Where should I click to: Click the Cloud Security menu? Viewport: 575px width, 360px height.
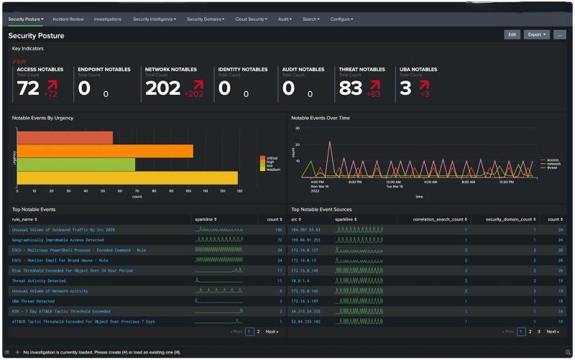tap(251, 19)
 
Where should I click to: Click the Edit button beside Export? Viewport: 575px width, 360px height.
tap(512, 34)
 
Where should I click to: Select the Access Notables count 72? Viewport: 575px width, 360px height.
tap(28, 88)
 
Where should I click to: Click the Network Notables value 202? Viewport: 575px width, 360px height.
tap(162, 88)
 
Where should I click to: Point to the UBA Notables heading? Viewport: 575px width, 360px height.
tap(417, 70)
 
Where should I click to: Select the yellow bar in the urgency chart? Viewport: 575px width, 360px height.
tap(126, 177)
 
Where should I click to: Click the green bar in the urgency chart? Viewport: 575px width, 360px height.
tap(75, 164)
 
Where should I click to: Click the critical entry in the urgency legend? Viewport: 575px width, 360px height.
tap(271, 157)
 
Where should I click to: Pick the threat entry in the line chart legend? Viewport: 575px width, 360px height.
tap(552, 167)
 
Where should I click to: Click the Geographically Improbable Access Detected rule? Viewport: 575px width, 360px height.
tap(57, 240)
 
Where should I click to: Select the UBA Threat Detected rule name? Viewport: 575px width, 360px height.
tap(33, 301)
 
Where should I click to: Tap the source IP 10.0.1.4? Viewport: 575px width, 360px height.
tap(300, 281)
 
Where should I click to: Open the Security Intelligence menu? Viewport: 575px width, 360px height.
tap(154, 19)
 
